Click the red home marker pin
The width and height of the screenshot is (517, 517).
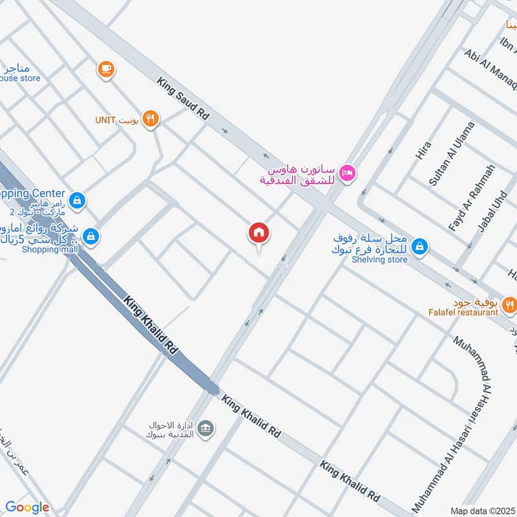coord(259,233)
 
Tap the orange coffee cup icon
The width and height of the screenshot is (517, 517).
coord(105,68)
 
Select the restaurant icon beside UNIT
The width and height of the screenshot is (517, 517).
coord(151,118)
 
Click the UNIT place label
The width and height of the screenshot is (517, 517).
coord(104,120)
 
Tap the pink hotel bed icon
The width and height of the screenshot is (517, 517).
coord(348,173)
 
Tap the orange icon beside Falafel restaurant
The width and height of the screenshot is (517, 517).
coord(509,303)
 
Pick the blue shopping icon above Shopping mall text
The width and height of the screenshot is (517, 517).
coord(92,235)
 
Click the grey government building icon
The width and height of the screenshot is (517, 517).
coord(206,428)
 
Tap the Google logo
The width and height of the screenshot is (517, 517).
coord(28,508)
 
